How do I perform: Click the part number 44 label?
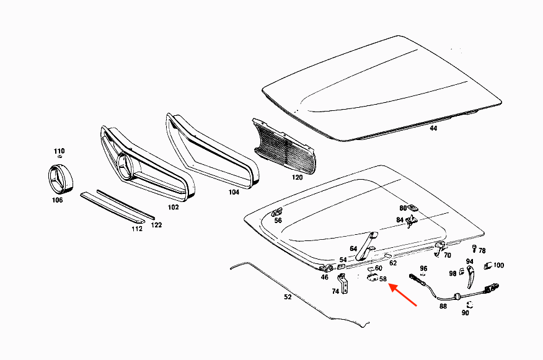tap(433, 128)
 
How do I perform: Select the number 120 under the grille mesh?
tap(298, 177)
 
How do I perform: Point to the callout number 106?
tap(57, 200)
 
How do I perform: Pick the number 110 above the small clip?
tap(59, 151)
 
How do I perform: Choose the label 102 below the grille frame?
tap(173, 207)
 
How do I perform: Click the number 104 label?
tap(233, 193)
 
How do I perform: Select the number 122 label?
tap(156, 225)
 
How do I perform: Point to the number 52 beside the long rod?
tap(288, 297)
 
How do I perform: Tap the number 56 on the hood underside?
tap(278, 220)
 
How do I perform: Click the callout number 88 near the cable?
tap(443, 305)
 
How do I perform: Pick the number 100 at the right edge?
tap(499, 265)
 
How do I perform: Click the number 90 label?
tap(465, 313)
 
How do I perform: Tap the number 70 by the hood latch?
tap(448, 255)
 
